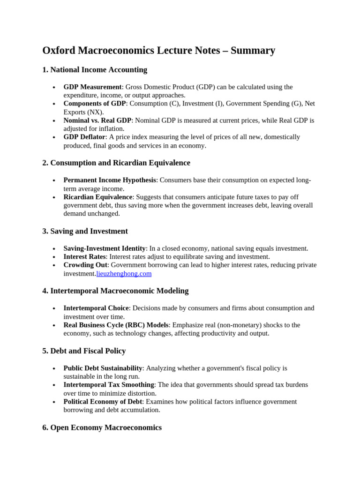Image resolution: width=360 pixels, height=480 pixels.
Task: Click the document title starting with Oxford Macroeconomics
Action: point(158,51)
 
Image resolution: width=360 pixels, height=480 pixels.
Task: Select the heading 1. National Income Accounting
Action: point(95,70)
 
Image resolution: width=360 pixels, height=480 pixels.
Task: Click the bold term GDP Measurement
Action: point(92,87)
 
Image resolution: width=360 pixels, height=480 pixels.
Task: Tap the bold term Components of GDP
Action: point(95,104)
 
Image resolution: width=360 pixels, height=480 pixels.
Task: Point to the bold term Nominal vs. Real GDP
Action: point(97,120)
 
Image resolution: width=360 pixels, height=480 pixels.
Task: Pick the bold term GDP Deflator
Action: point(84,137)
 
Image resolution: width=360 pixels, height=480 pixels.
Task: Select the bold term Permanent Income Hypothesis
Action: point(110,180)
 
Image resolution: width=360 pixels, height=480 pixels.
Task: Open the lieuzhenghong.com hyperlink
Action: point(124,274)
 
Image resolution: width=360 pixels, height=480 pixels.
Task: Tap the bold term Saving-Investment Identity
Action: point(105,248)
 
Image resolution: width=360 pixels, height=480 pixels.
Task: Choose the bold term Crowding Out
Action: point(85,265)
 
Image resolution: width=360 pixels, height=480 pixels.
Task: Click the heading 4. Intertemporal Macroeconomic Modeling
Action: point(115,291)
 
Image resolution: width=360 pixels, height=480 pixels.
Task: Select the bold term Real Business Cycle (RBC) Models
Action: point(116,325)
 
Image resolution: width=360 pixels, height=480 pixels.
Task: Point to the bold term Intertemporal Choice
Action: point(96,308)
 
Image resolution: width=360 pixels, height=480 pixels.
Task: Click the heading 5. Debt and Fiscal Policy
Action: point(84,351)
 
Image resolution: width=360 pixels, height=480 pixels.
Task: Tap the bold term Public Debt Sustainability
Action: point(103,368)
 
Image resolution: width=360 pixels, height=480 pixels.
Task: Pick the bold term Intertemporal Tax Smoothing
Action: point(109,385)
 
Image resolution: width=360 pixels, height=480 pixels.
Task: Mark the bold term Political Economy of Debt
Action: point(103,402)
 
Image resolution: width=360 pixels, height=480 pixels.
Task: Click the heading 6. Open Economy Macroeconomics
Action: point(102,427)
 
